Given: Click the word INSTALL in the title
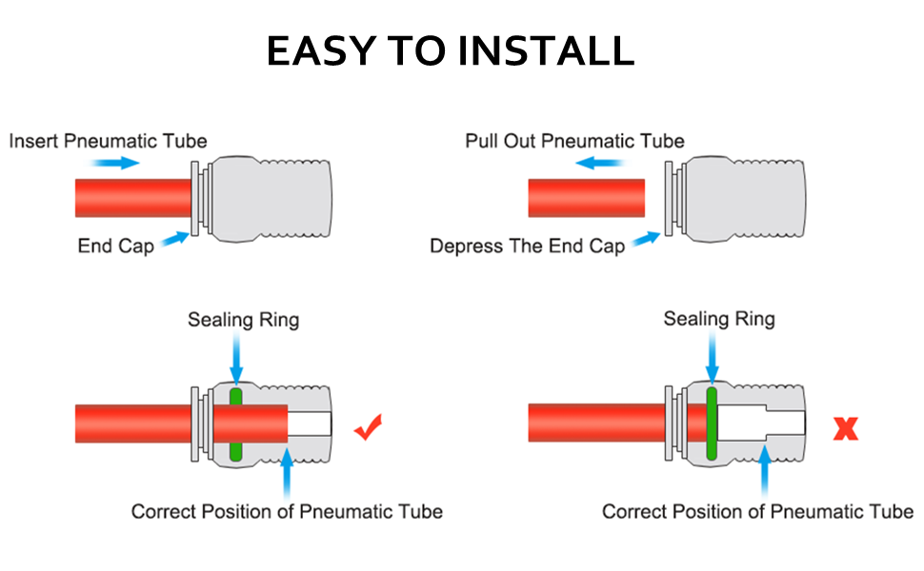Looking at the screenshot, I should (x=546, y=50).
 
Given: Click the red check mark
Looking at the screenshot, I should (x=369, y=428).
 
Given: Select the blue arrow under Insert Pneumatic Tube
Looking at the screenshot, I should (x=116, y=163).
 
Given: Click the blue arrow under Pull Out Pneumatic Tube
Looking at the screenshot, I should (x=599, y=163).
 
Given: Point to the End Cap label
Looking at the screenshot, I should (x=115, y=246).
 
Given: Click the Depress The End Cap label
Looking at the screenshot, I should (x=527, y=246).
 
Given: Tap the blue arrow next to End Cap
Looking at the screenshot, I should (x=172, y=239).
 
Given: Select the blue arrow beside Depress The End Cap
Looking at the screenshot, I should (x=646, y=238).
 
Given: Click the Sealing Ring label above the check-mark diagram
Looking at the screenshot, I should (x=243, y=319).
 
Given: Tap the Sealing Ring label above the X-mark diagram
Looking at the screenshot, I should (x=719, y=319).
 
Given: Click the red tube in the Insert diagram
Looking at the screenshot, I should (x=132, y=199).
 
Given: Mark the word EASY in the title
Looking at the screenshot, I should (x=320, y=50).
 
